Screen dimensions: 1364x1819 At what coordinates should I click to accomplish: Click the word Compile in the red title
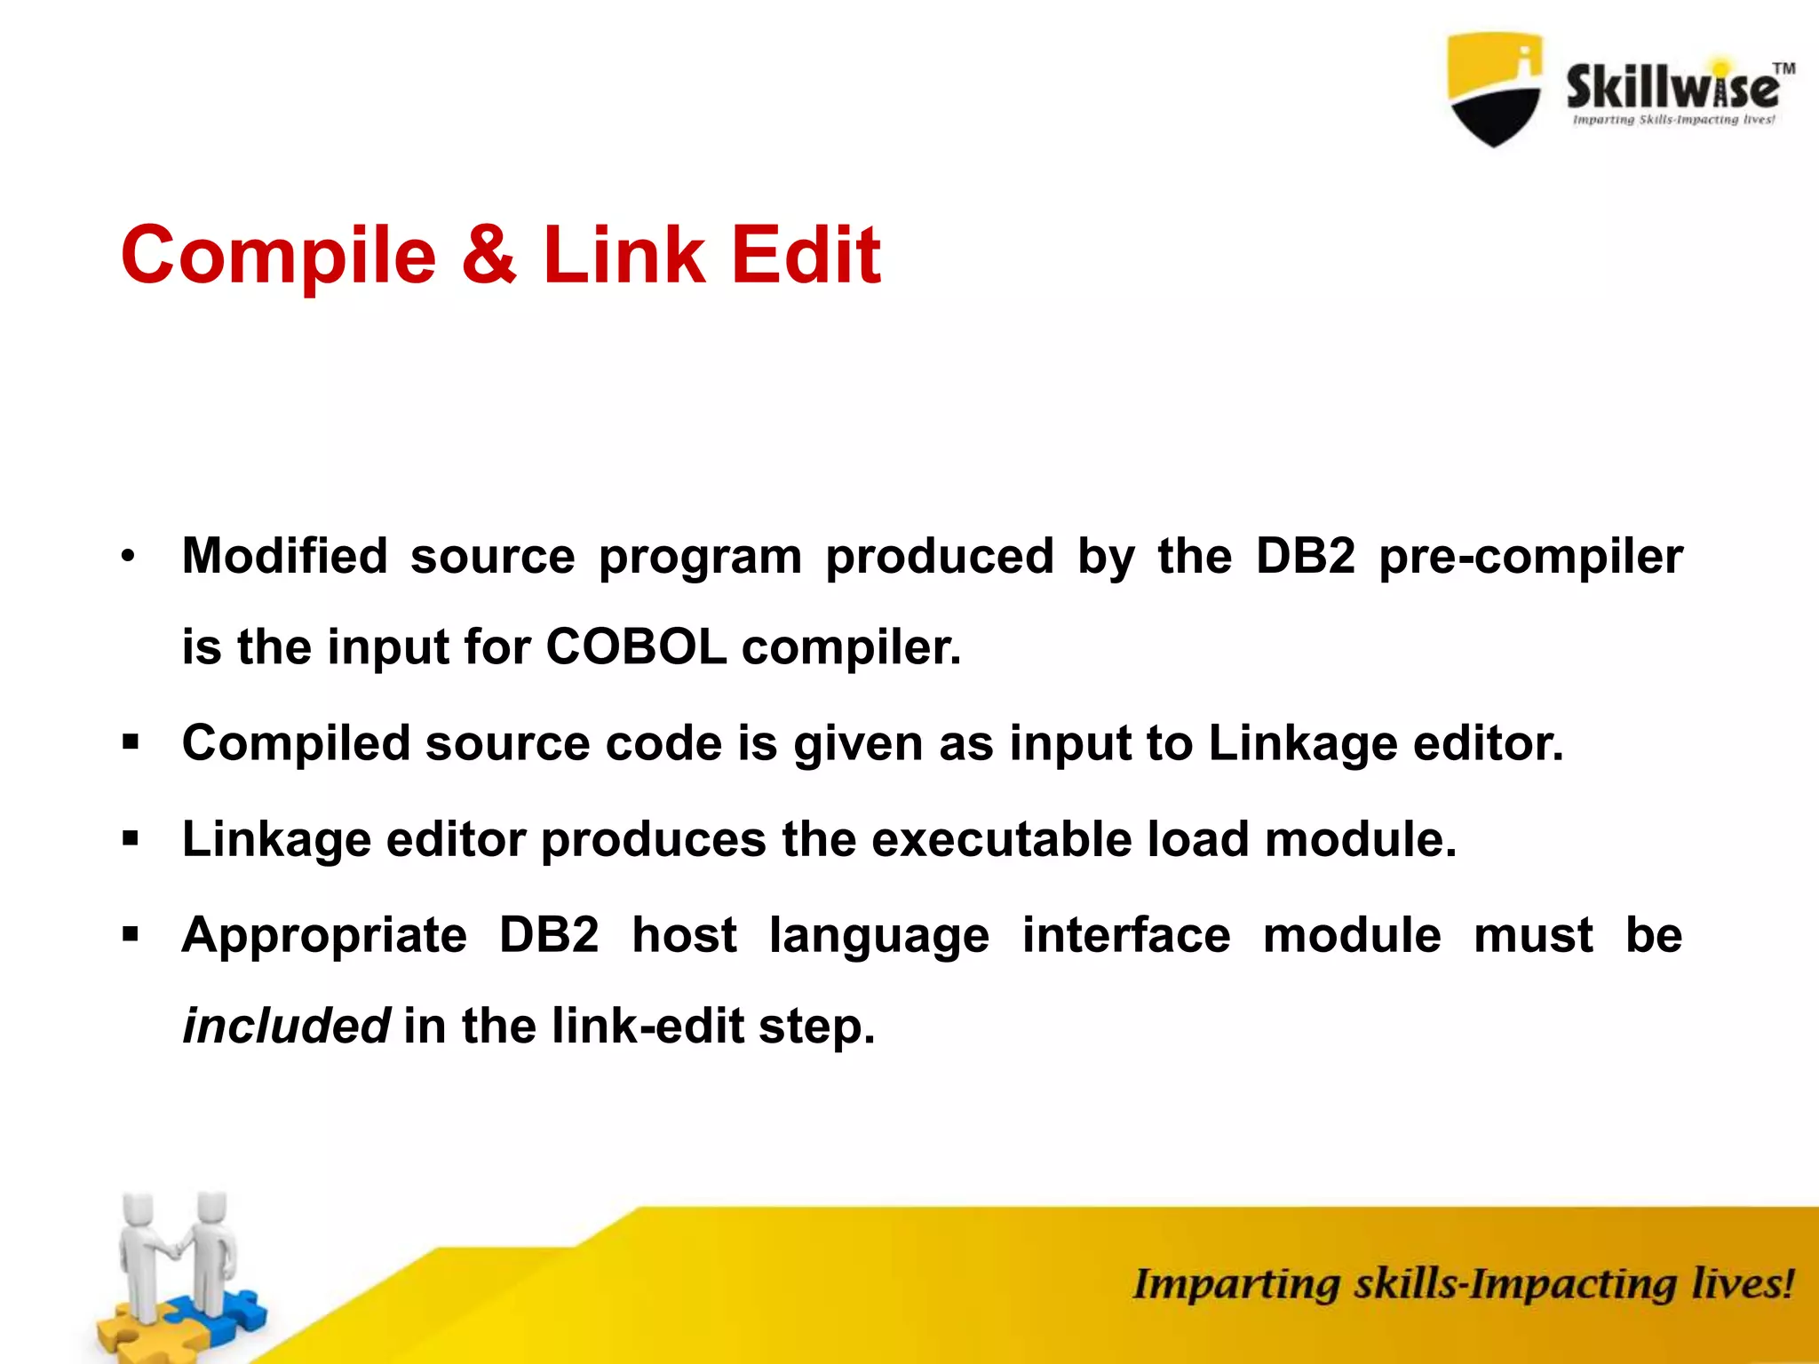279,256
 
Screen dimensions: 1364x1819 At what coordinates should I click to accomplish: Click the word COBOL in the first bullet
636,646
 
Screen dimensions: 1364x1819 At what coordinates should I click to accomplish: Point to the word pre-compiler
1530,558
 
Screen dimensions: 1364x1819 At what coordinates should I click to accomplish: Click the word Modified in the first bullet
284,556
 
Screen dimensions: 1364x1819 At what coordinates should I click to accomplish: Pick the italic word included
285,1026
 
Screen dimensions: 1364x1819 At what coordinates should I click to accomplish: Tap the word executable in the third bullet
1001,839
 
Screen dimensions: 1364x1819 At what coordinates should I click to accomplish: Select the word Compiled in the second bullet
296,742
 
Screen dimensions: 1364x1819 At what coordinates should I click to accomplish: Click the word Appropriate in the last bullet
324,935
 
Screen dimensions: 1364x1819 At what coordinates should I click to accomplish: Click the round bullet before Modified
130,557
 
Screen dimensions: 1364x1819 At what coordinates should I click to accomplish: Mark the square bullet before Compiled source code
131,742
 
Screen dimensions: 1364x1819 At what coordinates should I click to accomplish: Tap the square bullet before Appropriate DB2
131,935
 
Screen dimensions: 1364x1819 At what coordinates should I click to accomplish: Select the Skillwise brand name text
1672,88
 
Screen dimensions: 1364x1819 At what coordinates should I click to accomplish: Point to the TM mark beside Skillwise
1783,68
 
